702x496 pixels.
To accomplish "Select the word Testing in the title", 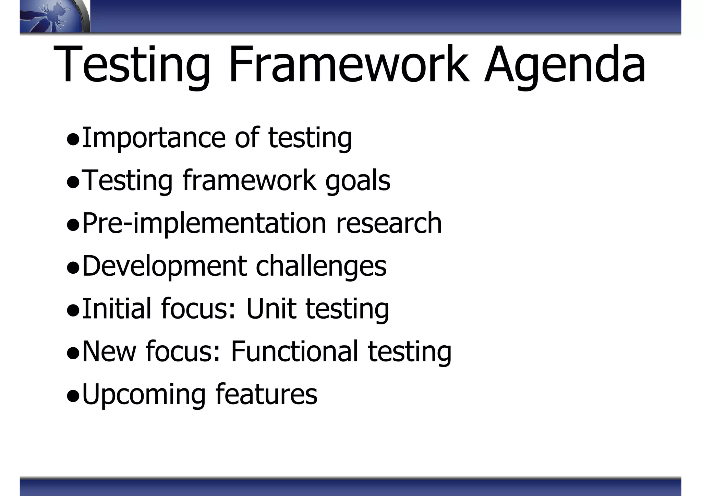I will [132, 65].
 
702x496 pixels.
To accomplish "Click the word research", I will [389, 223].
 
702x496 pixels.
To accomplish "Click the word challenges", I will [321, 266].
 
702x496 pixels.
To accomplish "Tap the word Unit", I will [271, 309].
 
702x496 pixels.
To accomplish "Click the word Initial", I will [117, 309].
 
